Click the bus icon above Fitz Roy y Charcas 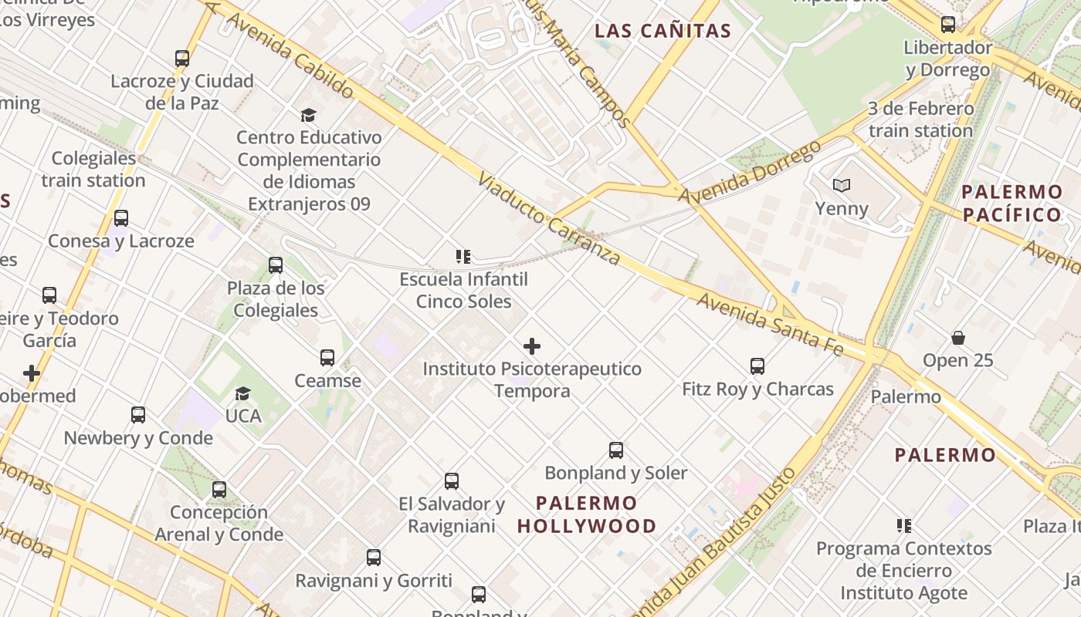[757, 366]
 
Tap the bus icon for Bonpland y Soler [615, 450]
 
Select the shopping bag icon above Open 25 [958, 338]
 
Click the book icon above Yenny [842, 186]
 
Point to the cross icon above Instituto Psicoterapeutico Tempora [532, 346]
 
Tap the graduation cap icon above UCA [243, 393]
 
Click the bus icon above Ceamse [327, 358]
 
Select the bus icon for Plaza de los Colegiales [276, 265]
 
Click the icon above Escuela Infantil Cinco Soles [463, 256]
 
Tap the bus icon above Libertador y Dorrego [948, 25]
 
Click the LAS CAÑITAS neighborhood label [663, 31]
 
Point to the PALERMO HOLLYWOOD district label [587, 514]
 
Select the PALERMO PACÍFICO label [1012, 203]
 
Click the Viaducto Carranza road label [548, 218]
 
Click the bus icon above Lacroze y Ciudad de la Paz [182, 59]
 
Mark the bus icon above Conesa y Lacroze [121, 218]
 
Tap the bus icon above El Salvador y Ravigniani [452, 481]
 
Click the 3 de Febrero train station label [920, 120]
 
